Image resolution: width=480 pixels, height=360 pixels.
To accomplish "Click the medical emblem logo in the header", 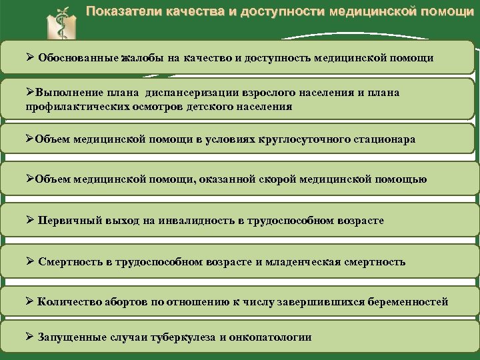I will (63, 23).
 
